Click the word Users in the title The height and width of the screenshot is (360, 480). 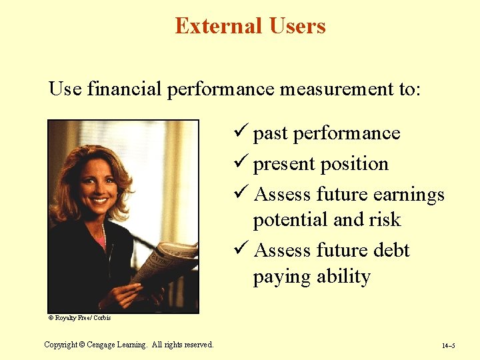[x=297, y=26]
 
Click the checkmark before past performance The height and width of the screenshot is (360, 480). [x=243, y=133]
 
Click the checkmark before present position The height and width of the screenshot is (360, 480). [x=243, y=163]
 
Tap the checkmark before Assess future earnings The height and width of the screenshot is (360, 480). [x=243, y=194]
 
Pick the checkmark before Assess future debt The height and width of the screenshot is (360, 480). [x=243, y=250]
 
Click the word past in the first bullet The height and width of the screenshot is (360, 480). [x=270, y=134]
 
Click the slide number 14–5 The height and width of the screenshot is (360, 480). [x=449, y=346]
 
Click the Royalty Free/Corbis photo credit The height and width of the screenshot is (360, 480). [x=80, y=318]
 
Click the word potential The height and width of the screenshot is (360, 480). [x=291, y=221]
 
